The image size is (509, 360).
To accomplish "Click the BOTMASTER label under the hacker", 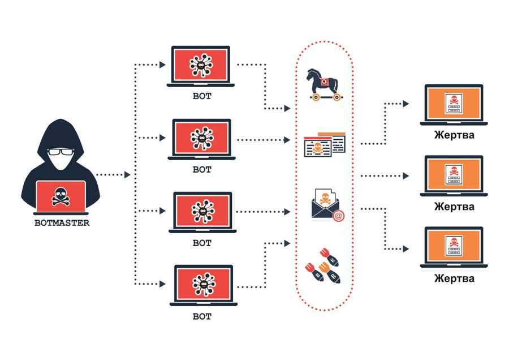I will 62,222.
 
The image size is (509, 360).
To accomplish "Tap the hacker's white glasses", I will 61,152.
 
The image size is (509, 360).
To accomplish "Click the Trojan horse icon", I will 324,84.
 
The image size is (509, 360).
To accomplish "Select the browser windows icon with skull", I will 325,145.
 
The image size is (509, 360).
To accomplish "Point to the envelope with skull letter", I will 326,203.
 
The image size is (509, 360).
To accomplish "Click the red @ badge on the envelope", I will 338,215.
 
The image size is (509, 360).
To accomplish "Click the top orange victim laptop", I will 454,103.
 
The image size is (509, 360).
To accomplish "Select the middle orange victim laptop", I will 454,174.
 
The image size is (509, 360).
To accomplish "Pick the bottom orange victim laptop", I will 454,246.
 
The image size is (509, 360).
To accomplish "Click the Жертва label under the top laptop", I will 454,135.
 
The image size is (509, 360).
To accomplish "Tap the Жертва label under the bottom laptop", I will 454,278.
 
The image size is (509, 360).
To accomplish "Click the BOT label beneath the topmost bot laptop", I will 202,96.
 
